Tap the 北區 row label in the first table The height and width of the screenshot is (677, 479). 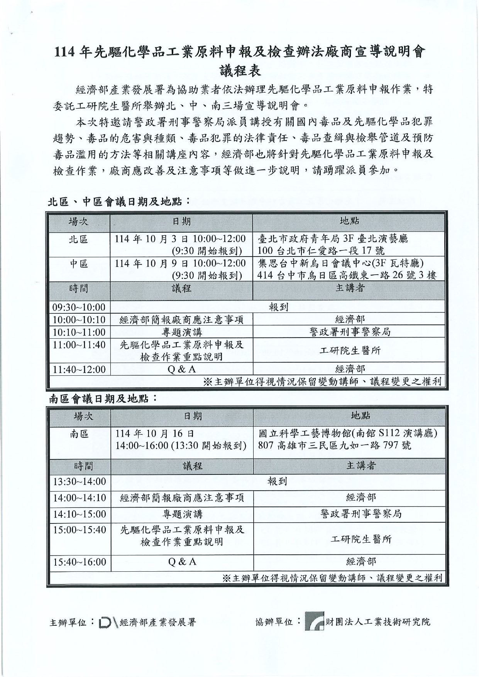click(x=78, y=239)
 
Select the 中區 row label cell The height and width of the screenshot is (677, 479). click(x=78, y=264)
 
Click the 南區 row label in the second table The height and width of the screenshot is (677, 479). click(x=80, y=434)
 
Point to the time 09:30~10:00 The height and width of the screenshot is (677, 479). click(x=79, y=307)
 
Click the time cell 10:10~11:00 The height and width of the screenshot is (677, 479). click(x=79, y=332)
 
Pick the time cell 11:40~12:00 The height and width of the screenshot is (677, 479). click(x=79, y=369)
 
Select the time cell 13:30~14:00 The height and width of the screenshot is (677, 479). click(x=80, y=481)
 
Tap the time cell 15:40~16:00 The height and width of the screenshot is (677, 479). click(x=80, y=562)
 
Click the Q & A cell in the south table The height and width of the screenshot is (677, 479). click(x=182, y=562)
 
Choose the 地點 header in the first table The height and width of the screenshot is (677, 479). click(x=349, y=221)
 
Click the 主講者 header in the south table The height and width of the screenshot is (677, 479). click(x=361, y=466)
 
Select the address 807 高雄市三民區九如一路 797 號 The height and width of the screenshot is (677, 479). click(x=334, y=446)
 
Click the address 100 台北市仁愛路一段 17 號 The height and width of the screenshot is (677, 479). click(x=321, y=251)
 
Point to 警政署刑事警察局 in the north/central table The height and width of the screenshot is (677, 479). click(x=350, y=332)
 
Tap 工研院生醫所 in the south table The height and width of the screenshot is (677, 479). click(x=361, y=539)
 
